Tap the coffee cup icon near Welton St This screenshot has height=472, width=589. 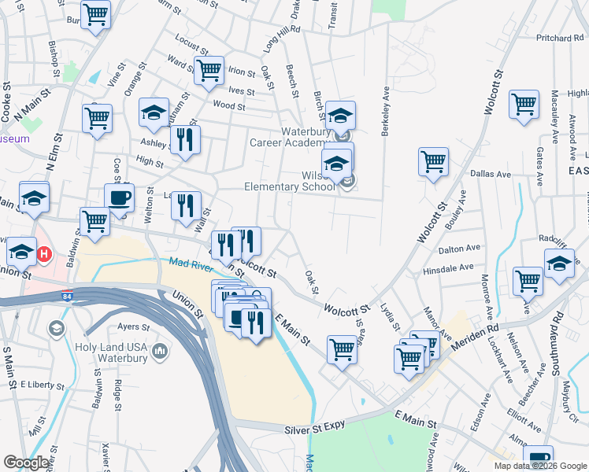pos(120,197)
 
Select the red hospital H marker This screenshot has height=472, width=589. pos(45,255)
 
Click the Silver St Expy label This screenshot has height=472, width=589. pos(314,430)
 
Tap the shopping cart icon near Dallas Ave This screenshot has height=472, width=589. pos(433,161)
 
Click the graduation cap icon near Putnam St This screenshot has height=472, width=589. pos(154,112)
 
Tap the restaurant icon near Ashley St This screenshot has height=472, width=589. pos(185,140)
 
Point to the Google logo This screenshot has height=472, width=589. pos(27,463)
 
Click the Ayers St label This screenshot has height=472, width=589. pos(133,326)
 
